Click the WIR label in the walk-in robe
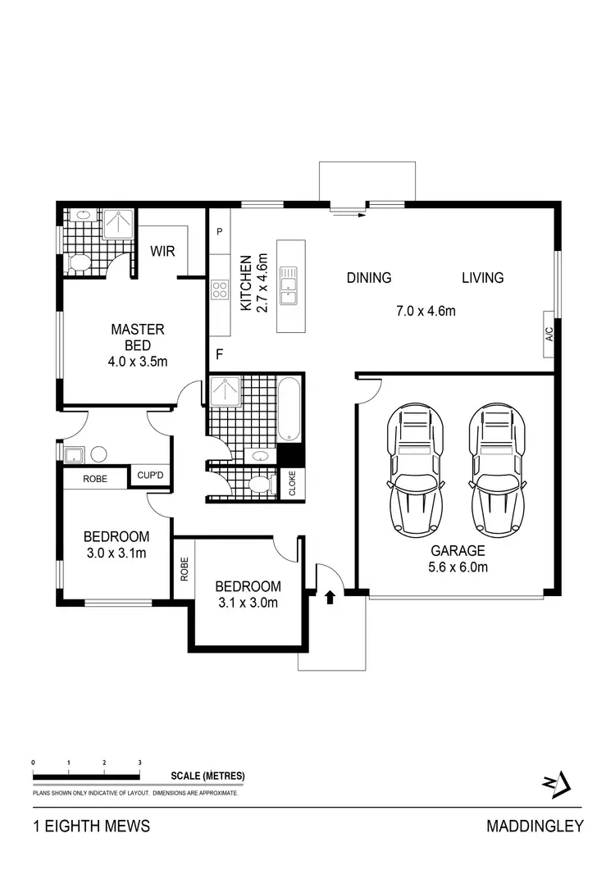click(x=162, y=252)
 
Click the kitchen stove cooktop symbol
click(x=220, y=289)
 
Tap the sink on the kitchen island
click(x=290, y=285)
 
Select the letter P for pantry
click(x=219, y=232)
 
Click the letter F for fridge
click(x=219, y=355)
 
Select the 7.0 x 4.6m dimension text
click(x=426, y=311)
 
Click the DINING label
click(x=369, y=278)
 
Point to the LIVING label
click(x=482, y=278)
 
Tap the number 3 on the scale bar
click(x=140, y=763)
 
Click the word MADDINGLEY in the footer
click(x=535, y=826)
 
